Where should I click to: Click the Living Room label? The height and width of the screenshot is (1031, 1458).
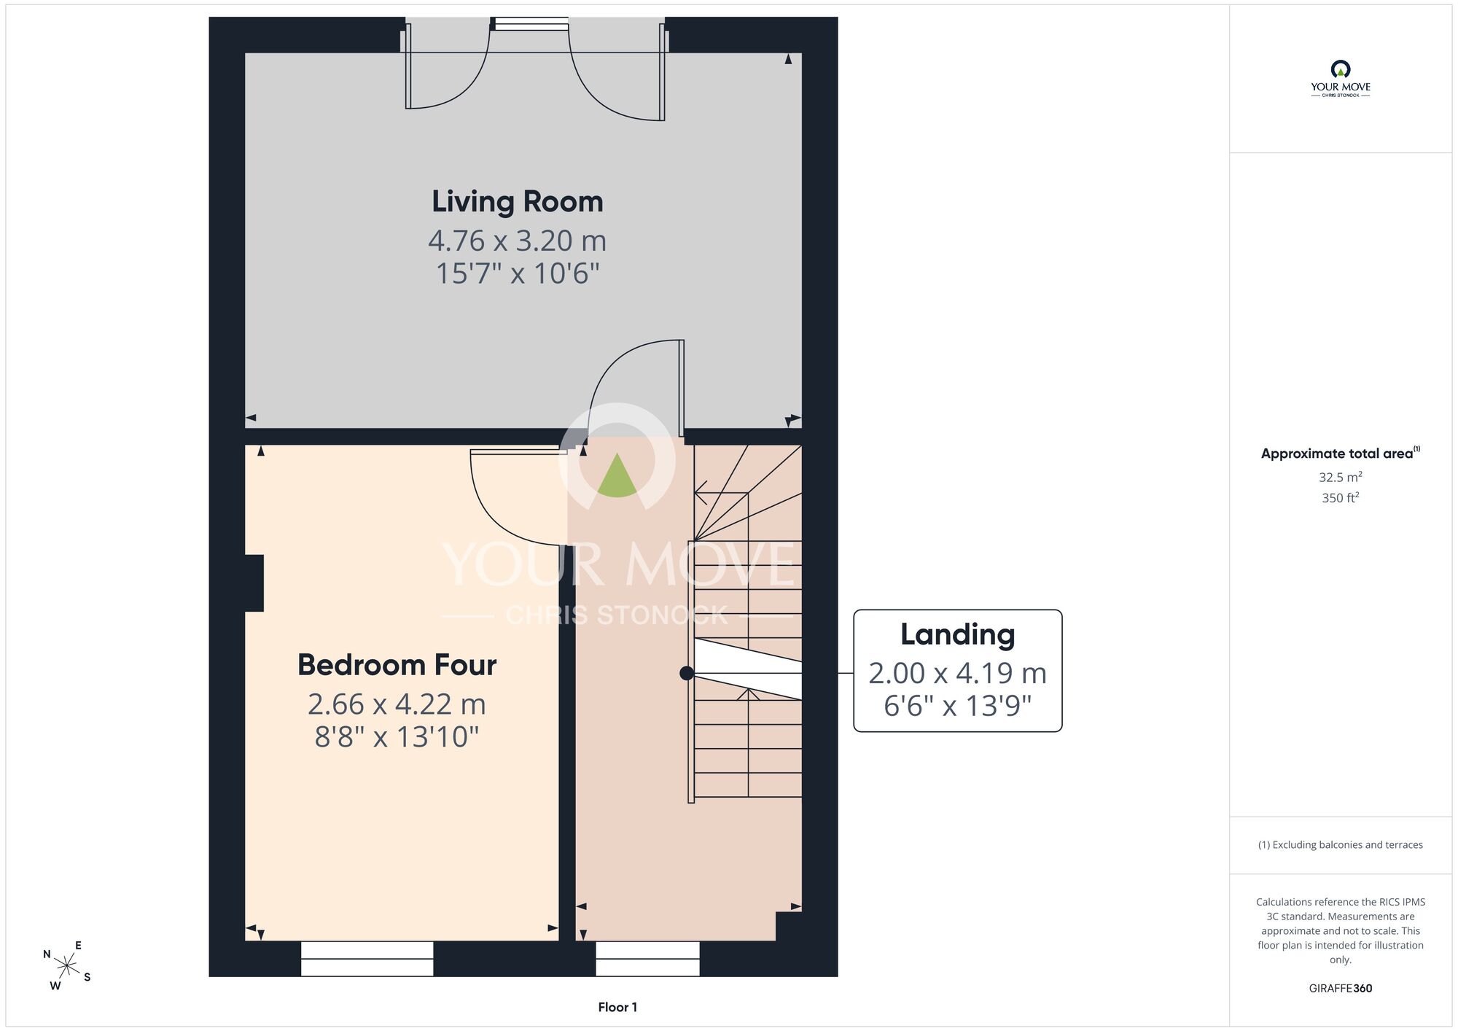pyautogui.click(x=518, y=202)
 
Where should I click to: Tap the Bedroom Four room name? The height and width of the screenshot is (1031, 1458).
pyautogui.click(x=397, y=665)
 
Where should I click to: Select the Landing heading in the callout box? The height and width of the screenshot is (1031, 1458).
pyautogui.click(x=958, y=635)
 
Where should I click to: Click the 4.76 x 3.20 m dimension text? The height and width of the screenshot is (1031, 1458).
pyautogui.click(x=518, y=241)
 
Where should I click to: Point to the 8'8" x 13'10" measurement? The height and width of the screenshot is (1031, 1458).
pyautogui.click(x=397, y=736)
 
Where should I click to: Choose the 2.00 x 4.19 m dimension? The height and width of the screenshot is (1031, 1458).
pyautogui.click(x=958, y=673)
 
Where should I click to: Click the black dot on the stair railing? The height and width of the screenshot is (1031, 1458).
pyautogui.click(x=687, y=673)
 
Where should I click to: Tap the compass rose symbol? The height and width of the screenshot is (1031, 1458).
pyautogui.click(x=67, y=966)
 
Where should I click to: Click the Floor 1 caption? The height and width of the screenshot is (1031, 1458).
pyautogui.click(x=617, y=1007)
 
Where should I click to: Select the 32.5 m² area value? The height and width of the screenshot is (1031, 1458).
pyautogui.click(x=1341, y=477)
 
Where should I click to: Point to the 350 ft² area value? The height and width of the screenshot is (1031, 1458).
pyautogui.click(x=1341, y=498)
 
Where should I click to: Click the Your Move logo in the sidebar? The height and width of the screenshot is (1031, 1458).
pyautogui.click(x=1341, y=79)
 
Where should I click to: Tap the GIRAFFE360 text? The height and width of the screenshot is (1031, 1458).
pyautogui.click(x=1341, y=989)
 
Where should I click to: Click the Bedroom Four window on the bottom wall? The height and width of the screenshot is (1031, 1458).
pyautogui.click(x=367, y=958)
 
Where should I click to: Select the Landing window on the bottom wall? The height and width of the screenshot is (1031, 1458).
pyautogui.click(x=647, y=958)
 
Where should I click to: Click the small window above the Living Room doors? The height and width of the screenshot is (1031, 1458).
pyautogui.click(x=531, y=23)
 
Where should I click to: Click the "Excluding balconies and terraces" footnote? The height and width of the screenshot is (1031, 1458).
pyautogui.click(x=1341, y=844)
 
